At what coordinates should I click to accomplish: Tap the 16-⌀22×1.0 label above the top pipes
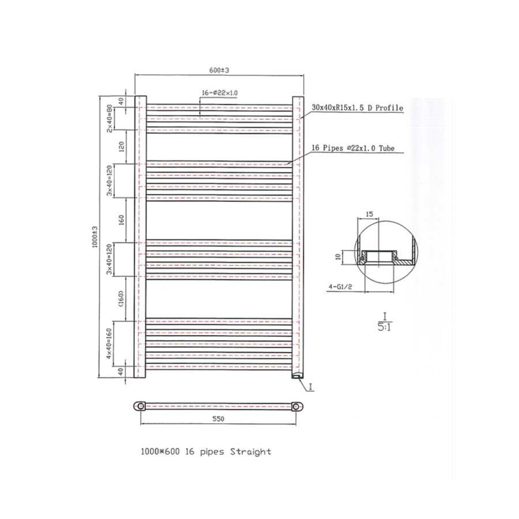[220, 93]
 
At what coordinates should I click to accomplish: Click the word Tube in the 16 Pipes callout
[386, 148]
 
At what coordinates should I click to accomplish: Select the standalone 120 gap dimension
[122, 146]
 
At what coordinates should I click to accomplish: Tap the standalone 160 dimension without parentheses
[122, 220]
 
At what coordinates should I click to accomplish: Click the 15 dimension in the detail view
[369, 214]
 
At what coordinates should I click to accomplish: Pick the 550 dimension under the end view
[218, 419]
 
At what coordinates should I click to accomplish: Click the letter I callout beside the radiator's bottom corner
[310, 387]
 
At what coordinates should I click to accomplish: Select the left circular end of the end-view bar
[140, 407]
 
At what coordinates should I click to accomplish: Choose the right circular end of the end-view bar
[296, 407]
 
